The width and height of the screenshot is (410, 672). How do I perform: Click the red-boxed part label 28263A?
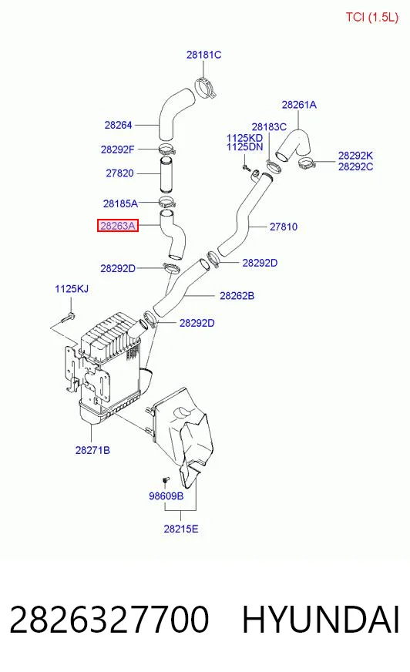click(x=118, y=226)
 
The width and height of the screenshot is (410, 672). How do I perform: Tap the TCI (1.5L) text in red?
click(x=372, y=17)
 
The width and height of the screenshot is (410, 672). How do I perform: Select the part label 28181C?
click(x=203, y=55)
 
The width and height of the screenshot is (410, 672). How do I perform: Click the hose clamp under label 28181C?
click(x=206, y=87)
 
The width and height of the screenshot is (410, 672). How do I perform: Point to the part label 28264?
click(x=118, y=125)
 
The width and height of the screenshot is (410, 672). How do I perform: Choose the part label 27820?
click(x=119, y=173)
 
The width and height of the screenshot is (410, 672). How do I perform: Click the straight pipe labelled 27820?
click(x=167, y=175)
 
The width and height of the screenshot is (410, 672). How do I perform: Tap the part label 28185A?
click(x=120, y=203)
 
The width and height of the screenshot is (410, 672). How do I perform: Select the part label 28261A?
click(x=299, y=105)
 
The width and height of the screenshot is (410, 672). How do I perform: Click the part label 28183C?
click(x=269, y=127)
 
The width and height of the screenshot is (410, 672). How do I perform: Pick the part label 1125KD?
click(x=244, y=138)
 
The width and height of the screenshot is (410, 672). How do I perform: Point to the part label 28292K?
click(x=355, y=156)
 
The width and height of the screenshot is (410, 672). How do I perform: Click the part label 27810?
click(x=283, y=227)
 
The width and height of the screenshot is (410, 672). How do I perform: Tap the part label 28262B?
click(x=237, y=296)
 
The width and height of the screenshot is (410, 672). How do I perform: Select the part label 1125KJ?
click(x=72, y=289)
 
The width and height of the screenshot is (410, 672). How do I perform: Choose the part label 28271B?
click(x=92, y=450)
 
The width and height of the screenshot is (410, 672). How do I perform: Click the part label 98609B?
click(x=166, y=496)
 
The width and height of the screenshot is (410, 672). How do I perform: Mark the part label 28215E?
click(x=181, y=529)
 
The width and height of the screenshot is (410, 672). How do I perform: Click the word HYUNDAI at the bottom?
click(x=321, y=620)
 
